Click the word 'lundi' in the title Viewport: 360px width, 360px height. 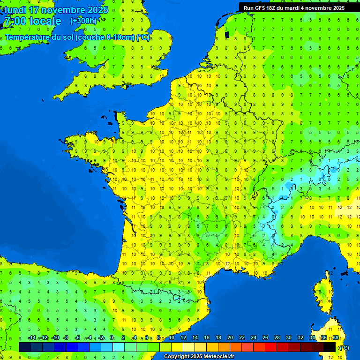pyautogui.click(x=15, y=10)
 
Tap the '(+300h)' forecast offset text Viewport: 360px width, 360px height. pyautogui.click(x=83, y=21)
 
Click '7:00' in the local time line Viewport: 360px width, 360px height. pyautogui.click(x=15, y=21)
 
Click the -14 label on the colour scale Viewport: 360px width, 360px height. pyautogui.click(x=32, y=338)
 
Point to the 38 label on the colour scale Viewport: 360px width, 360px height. pyautogui.click(x=336, y=338)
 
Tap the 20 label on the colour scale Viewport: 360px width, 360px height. pyautogui.click(x=230, y=338)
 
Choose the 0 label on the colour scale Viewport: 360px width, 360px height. pyautogui.click(x=112, y=338)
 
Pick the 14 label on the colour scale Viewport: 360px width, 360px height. pyautogui.click(x=195, y=338)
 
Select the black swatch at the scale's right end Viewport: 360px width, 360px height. pyautogui.click(x=330, y=347)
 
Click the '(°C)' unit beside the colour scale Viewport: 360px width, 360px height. pyautogui.click(x=344, y=347)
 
